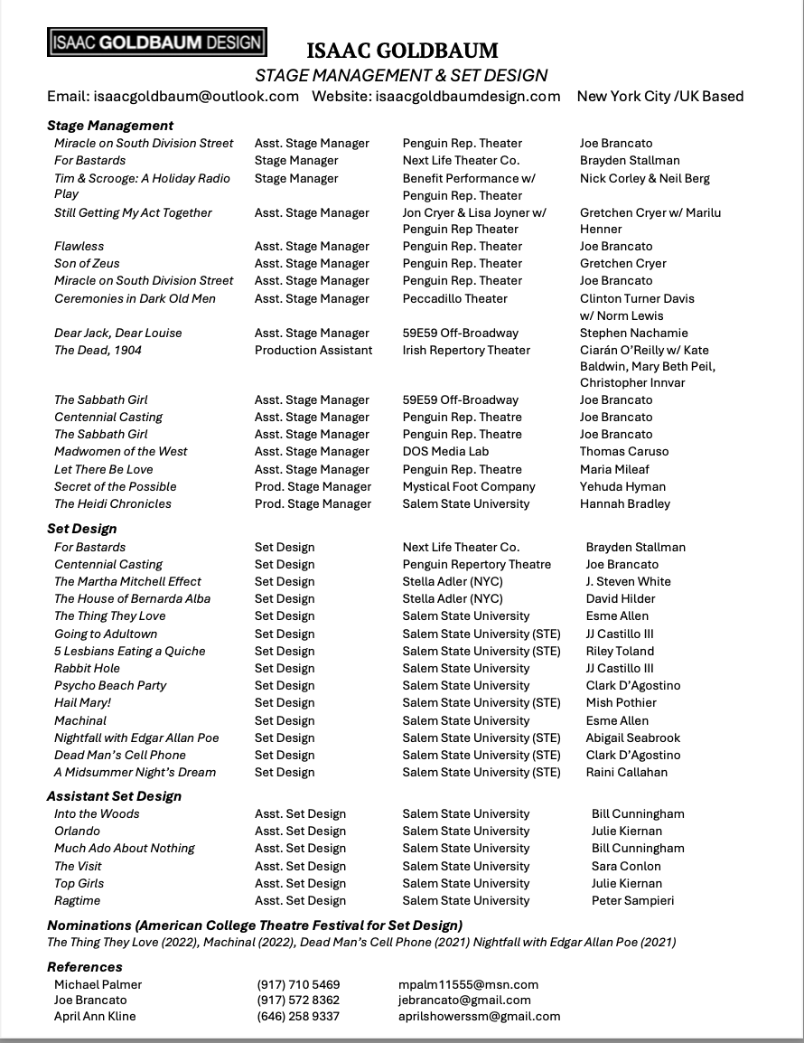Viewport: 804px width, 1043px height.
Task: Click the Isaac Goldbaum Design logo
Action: coord(157,42)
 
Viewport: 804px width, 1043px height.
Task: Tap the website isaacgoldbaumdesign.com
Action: coord(468,96)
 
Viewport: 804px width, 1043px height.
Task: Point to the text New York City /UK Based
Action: coord(659,96)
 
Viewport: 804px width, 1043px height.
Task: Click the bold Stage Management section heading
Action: coord(110,126)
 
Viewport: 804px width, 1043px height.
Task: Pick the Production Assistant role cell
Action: coord(313,350)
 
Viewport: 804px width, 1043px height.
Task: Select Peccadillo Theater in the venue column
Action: coord(455,298)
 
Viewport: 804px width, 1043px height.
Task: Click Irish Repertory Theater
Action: coord(466,350)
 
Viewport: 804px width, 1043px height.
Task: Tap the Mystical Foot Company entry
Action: coord(469,486)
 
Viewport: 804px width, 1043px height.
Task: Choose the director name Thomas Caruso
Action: coord(624,451)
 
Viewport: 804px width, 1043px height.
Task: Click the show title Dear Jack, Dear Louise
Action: coord(117,333)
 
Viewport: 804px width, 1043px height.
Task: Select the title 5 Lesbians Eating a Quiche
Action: coord(129,651)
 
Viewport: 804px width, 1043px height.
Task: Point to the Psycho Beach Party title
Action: coord(110,685)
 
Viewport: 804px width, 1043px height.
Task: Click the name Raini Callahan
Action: coord(626,772)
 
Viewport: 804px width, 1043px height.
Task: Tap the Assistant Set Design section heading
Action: coord(114,796)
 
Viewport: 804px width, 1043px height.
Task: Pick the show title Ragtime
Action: coord(77,900)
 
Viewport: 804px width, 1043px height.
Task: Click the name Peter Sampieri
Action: coord(632,900)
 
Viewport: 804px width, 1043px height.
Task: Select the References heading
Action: coord(85,967)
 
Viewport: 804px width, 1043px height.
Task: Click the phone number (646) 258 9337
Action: coord(298,1016)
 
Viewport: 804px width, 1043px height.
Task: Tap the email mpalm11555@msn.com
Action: coord(468,984)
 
